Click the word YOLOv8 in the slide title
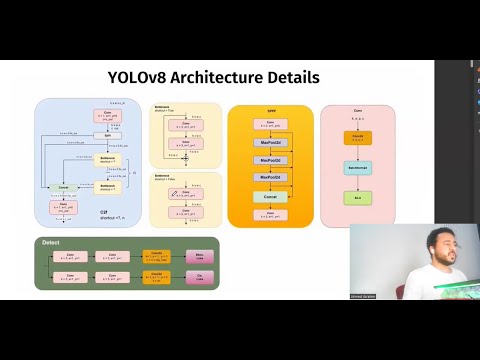(x=139, y=77)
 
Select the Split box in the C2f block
(x=107, y=135)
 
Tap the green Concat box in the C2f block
(x=64, y=187)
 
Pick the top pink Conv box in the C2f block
(x=107, y=116)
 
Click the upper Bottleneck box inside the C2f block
(x=107, y=160)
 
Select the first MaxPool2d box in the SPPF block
(x=270, y=143)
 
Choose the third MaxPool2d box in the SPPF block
(x=270, y=178)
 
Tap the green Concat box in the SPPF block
(x=270, y=196)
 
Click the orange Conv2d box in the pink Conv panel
(x=358, y=137)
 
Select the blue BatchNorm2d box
(x=358, y=168)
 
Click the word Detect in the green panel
(x=51, y=243)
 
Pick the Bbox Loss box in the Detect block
(x=199, y=256)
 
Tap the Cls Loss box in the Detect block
(x=199, y=275)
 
